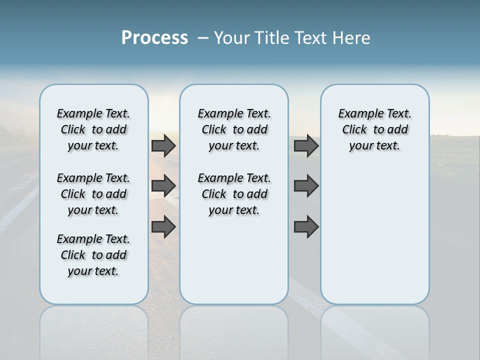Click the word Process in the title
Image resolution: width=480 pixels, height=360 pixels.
(x=154, y=37)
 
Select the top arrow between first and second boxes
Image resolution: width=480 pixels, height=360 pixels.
(x=163, y=145)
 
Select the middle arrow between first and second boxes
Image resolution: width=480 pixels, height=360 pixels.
(x=163, y=186)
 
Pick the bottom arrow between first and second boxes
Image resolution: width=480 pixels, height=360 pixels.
(x=163, y=227)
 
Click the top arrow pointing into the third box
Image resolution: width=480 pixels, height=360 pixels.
(x=306, y=145)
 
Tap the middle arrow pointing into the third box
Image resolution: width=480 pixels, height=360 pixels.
(x=306, y=186)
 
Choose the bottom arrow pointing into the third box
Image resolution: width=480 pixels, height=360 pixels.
(x=306, y=227)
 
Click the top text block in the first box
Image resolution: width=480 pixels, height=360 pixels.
(x=93, y=129)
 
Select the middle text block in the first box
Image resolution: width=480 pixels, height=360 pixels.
(x=93, y=194)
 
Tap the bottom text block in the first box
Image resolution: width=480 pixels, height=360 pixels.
(x=93, y=255)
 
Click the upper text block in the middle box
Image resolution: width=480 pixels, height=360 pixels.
(x=234, y=129)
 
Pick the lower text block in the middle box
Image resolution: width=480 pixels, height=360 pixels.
(x=234, y=194)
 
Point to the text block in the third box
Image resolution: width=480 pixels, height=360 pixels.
(x=374, y=129)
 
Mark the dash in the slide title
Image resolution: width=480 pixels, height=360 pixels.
(x=203, y=38)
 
